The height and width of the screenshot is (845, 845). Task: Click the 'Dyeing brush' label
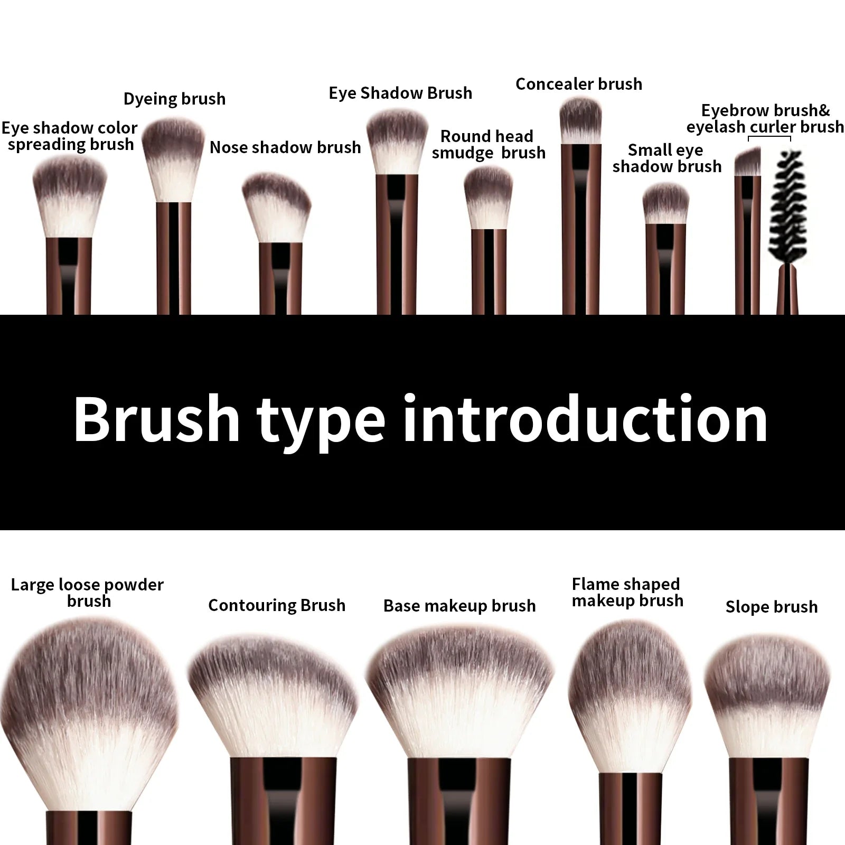(174, 99)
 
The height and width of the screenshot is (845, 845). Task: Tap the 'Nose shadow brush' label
(285, 147)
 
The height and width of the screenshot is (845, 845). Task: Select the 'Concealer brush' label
(579, 84)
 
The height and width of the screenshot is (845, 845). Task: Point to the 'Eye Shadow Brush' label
(400, 93)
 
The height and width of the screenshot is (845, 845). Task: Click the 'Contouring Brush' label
(277, 605)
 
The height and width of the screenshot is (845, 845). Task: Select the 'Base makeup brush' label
(459, 606)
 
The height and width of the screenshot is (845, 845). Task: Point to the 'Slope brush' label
(771, 607)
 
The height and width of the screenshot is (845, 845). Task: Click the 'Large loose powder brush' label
(88, 593)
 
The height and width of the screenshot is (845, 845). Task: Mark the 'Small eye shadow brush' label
(666, 158)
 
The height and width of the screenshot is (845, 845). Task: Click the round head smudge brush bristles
(489, 198)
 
